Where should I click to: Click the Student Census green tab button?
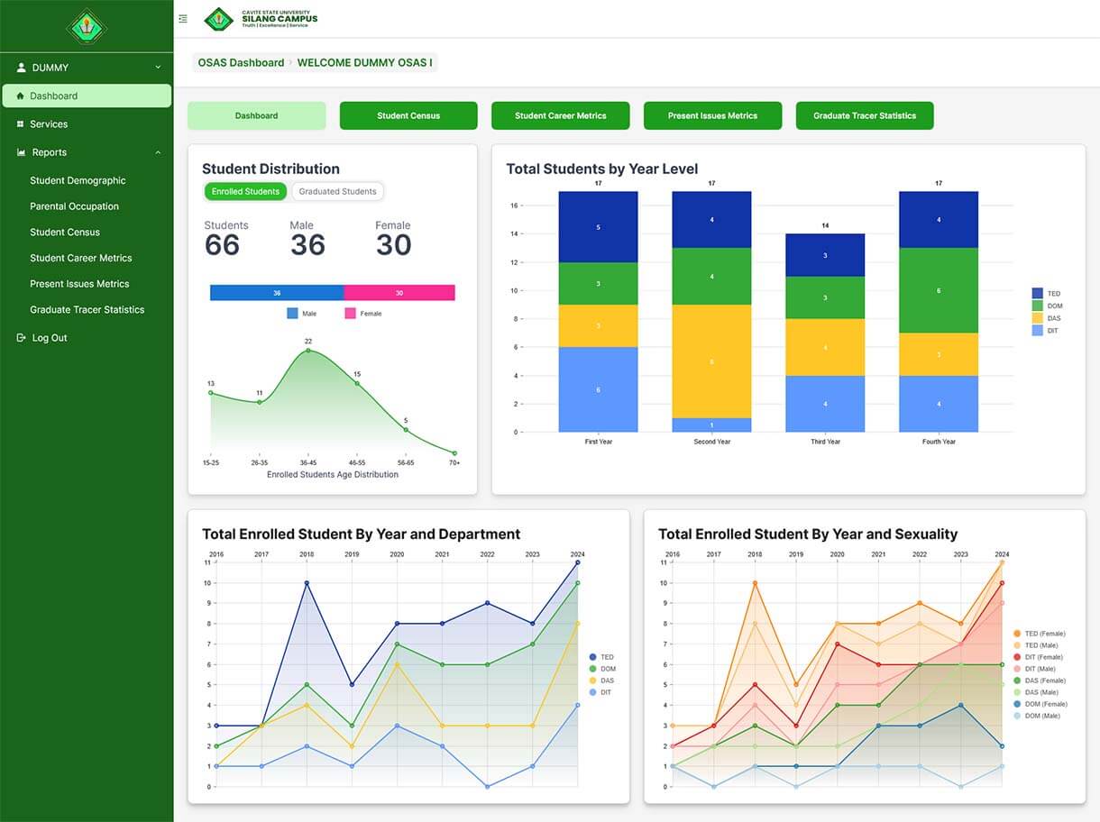[408, 115]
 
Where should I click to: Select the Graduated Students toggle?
[337, 191]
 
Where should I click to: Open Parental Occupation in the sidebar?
[74, 206]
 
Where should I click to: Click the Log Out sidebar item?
[49, 338]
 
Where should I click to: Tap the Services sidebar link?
[48, 124]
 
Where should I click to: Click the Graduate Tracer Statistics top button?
[864, 115]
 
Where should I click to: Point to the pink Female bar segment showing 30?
[399, 293]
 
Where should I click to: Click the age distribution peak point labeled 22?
[308, 350]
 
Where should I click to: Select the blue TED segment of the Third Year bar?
[825, 255]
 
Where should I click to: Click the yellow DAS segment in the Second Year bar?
[711, 361]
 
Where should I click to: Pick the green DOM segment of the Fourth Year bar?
[938, 290]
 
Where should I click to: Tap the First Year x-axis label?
[598, 442]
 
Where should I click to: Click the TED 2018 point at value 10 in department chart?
[307, 583]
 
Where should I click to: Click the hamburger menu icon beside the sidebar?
[183, 19]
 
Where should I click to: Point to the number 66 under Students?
[222, 245]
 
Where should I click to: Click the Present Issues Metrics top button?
[712, 115]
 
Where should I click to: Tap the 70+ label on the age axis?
[454, 462]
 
